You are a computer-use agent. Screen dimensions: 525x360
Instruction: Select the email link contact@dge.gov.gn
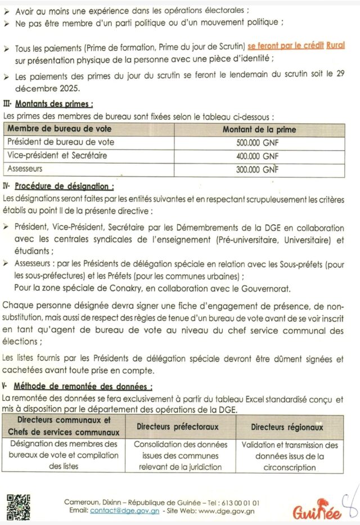120,510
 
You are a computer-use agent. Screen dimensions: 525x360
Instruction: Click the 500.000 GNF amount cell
258,143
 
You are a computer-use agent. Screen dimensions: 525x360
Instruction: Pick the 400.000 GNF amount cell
258,156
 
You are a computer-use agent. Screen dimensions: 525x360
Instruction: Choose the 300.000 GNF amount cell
258,169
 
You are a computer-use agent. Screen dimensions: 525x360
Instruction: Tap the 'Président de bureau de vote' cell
61,143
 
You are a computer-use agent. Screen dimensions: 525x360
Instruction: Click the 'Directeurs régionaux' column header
287,427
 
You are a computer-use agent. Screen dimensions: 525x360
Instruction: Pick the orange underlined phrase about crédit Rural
296,46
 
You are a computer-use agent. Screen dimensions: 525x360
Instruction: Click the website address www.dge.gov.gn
226,510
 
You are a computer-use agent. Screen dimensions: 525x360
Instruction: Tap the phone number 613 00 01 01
238,502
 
